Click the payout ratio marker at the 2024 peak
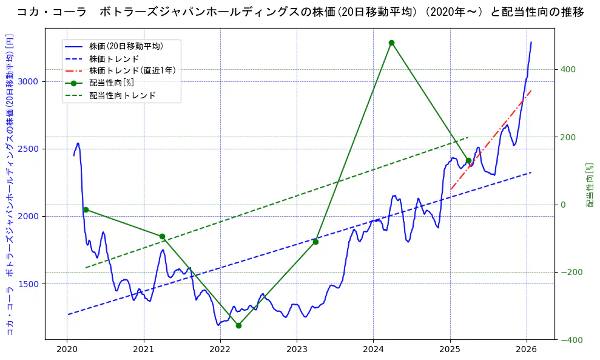pos(391,42)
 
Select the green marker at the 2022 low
pos(238,325)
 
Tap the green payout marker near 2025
pos(468,161)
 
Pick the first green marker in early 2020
pos(86,209)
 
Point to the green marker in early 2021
pos(162,237)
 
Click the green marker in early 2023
pos(315,242)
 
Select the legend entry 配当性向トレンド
pos(122,95)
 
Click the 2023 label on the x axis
pos(297,350)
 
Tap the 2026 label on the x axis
pos(527,350)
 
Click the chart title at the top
pos(300,12)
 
